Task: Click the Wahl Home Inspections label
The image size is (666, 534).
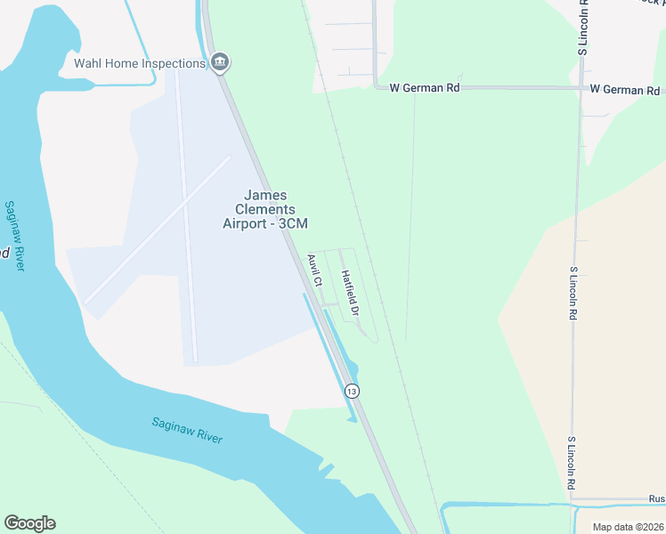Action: (139, 63)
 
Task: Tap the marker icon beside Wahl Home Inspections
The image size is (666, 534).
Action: (221, 62)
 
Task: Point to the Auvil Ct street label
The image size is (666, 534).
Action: (313, 271)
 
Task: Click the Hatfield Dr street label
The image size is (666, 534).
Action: (348, 294)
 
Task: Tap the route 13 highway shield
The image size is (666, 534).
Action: (353, 391)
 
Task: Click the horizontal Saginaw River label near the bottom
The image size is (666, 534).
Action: (187, 431)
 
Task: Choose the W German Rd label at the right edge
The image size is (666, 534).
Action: (626, 90)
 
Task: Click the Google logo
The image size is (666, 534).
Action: (29, 523)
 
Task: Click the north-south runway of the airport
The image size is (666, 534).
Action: (186, 222)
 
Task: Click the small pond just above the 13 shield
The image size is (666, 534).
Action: (350, 368)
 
